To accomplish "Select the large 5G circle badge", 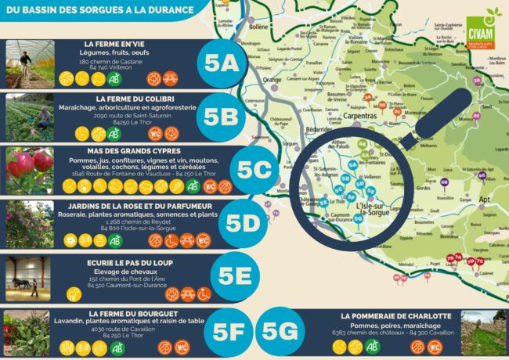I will point(280,332).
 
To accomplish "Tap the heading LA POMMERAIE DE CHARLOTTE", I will point(396,315).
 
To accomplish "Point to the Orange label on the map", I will point(273,80).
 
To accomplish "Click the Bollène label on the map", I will point(258,26).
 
